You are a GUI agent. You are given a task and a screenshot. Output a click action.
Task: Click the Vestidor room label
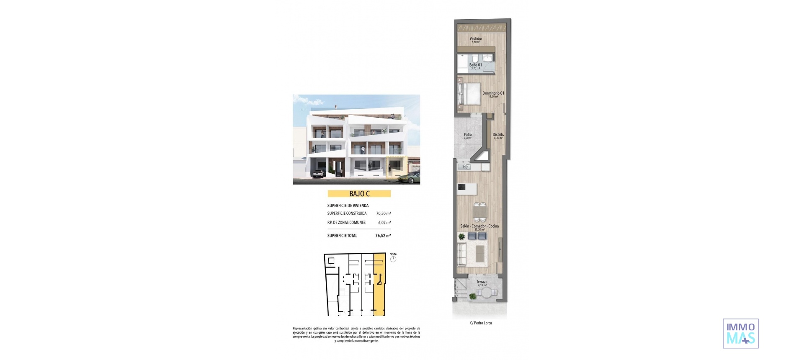click(476, 39)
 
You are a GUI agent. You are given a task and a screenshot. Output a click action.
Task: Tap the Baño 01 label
click(475, 65)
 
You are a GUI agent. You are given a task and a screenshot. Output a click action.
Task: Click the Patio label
click(468, 135)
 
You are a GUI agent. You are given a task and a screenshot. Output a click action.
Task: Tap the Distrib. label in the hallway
click(498, 135)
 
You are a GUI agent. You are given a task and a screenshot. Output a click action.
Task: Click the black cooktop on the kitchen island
click(461, 187)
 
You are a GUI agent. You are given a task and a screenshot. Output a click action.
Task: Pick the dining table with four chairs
click(480, 212)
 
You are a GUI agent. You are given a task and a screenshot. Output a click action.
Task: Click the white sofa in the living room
click(462, 254)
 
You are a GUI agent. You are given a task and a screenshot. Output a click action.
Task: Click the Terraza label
click(482, 282)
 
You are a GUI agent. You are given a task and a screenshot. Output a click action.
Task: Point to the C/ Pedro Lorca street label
click(481, 323)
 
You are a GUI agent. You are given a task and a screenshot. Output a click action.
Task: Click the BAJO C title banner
click(359, 194)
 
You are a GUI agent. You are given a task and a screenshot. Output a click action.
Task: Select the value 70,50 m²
click(383, 213)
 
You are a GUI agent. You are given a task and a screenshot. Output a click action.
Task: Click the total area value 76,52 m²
click(383, 236)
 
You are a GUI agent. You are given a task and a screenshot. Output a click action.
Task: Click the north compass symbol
click(393, 259)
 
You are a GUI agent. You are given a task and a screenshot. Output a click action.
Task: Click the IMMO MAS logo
click(740, 334)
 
